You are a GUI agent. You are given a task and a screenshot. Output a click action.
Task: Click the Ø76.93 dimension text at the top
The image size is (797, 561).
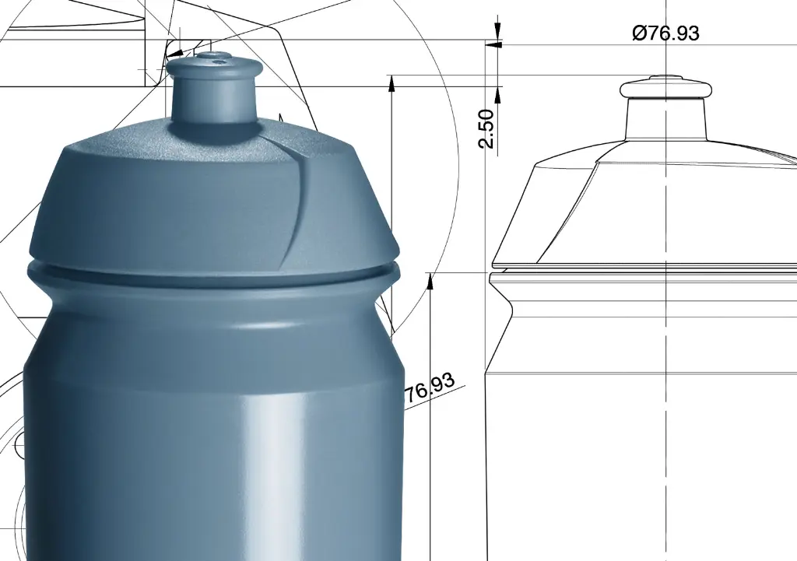coord(665,33)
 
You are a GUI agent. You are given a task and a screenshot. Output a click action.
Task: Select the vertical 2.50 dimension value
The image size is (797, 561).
coord(486,128)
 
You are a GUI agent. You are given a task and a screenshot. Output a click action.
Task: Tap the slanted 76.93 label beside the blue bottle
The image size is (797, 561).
coord(430,387)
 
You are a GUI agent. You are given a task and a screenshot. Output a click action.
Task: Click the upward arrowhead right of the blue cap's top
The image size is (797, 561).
coord(391,83)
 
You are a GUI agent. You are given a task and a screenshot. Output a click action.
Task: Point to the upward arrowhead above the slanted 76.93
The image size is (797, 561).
coord(430,279)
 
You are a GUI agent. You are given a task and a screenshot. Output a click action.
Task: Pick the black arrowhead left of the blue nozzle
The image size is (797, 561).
coord(167,57)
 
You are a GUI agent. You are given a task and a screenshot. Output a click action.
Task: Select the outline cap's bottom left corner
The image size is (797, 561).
coord(493,264)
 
